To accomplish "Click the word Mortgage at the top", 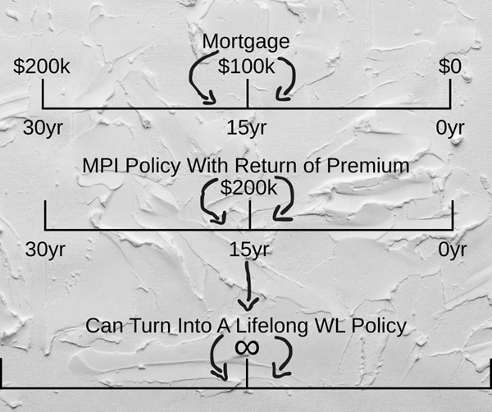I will pos(246,42).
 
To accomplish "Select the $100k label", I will pos(247,67).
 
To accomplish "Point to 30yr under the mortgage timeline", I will pos(42,128).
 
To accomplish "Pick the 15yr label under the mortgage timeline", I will pos(246,128).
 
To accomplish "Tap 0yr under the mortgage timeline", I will pos(450,128).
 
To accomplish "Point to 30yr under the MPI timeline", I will pos(44,249).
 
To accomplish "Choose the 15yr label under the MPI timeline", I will pos(248,249).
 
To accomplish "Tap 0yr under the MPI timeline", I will pos(452,249).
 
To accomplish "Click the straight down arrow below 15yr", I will pos(248,287).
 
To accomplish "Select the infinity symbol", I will pos(246,347).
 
